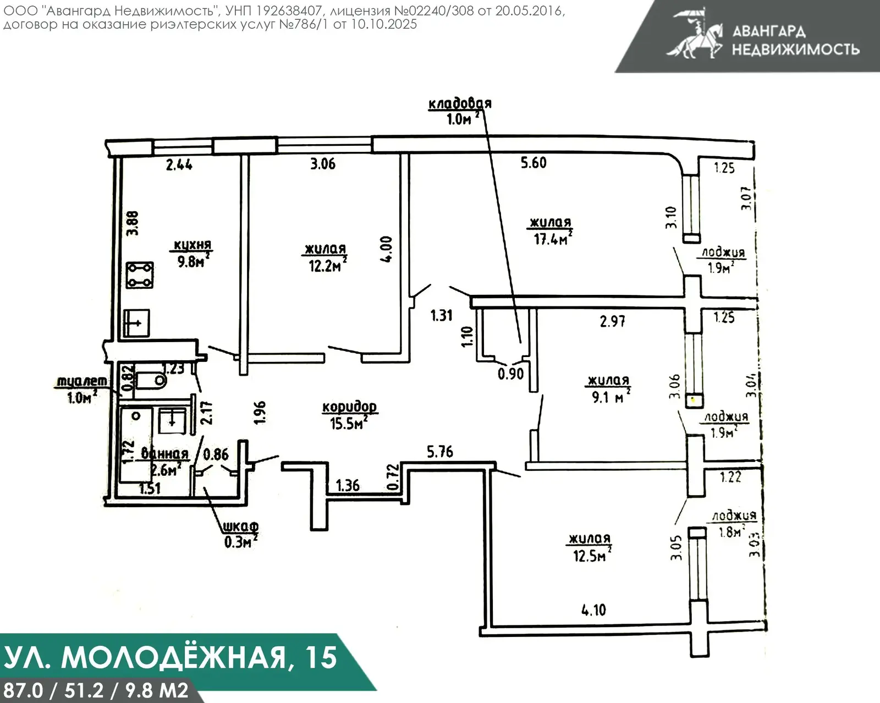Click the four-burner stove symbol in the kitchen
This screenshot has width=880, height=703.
140,276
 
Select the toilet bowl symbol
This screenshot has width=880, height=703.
151,380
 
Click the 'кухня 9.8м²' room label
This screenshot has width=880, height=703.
192,253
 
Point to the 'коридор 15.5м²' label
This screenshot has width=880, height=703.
349,415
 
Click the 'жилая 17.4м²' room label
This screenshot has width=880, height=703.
551,230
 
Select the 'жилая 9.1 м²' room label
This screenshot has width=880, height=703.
609,388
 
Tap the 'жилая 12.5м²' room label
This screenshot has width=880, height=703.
590,547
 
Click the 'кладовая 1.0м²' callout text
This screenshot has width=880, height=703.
459,111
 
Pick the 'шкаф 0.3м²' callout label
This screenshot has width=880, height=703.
240,534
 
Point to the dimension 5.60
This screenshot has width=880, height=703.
533,163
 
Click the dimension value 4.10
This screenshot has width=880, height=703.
593,610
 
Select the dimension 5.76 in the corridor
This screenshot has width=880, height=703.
440,452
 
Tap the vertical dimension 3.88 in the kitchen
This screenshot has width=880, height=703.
133,223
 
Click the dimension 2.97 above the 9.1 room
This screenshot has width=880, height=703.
612,321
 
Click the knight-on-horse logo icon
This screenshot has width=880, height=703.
694,34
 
